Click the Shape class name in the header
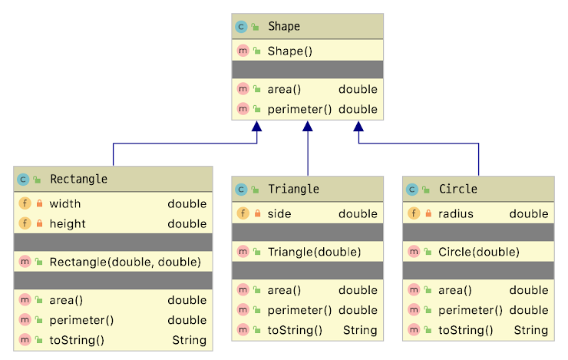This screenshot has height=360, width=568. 284,27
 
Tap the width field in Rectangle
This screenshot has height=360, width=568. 65,204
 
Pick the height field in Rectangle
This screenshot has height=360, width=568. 68,224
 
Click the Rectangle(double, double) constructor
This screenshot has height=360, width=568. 125,262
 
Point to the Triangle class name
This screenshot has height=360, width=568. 293,189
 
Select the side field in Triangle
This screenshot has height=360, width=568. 279,214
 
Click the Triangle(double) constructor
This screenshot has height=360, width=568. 314,252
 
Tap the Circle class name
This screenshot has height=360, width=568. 458,189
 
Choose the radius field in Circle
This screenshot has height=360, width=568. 456,214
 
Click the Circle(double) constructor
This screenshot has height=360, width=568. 479,252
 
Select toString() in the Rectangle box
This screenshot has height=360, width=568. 77,340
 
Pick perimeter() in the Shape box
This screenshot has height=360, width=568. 299,109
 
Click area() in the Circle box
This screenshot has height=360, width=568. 454,290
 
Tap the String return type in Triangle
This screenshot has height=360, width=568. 360,331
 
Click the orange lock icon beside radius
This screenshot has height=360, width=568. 429,214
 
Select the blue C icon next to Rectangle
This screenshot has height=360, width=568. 24,180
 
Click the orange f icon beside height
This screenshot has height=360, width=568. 24,224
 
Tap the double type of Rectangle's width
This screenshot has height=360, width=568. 187,204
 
